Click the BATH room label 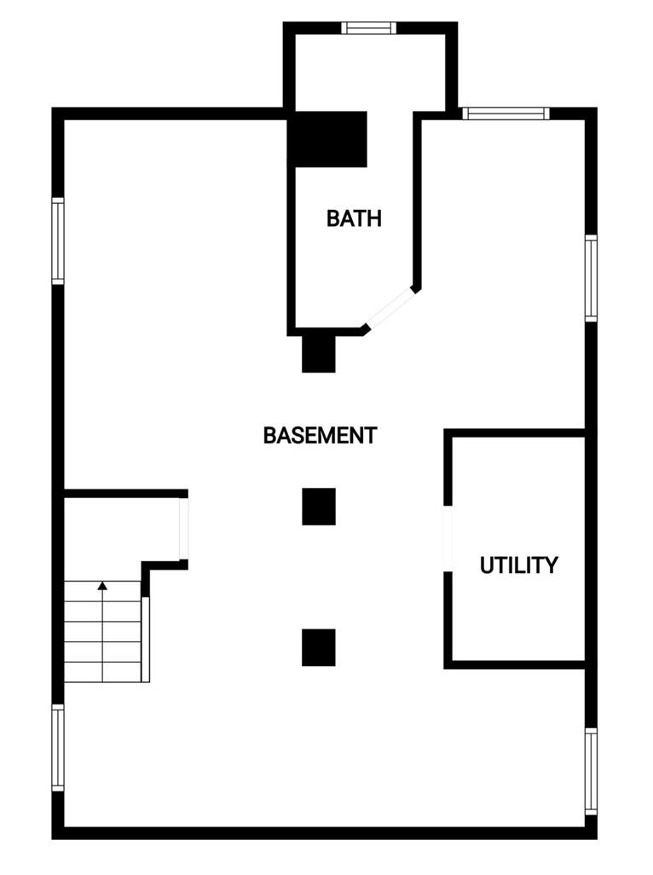354,218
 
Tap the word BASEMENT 320,436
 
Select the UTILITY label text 518,565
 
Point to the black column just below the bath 319,353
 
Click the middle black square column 319,507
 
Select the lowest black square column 319,647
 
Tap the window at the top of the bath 369,27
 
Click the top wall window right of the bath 506,113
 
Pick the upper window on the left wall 58,240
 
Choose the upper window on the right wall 591,278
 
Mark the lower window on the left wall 58,747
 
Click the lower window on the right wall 591,770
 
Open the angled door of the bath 390,308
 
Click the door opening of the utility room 448,538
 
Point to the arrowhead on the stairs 102,586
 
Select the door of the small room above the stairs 183,528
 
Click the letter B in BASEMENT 269,436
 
